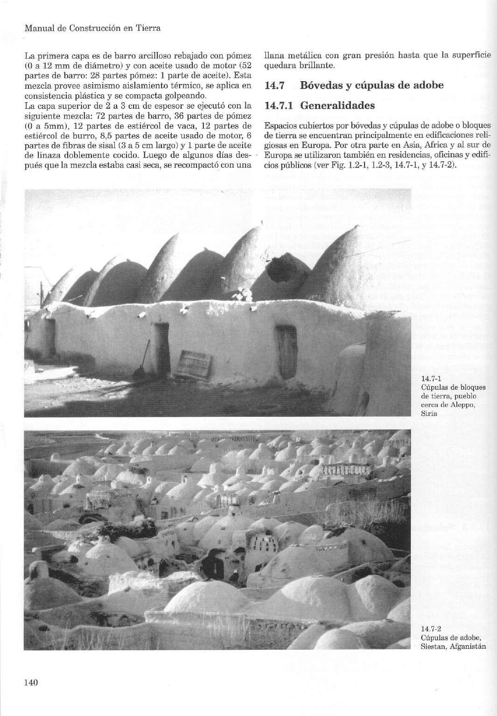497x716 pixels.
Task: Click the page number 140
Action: pyautogui.click(x=30, y=682)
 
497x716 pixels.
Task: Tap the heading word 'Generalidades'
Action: pyautogui.click(x=337, y=105)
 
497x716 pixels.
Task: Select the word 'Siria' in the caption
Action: pyautogui.click(x=428, y=413)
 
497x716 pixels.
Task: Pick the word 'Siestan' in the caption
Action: pyautogui.click(x=433, y=646)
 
